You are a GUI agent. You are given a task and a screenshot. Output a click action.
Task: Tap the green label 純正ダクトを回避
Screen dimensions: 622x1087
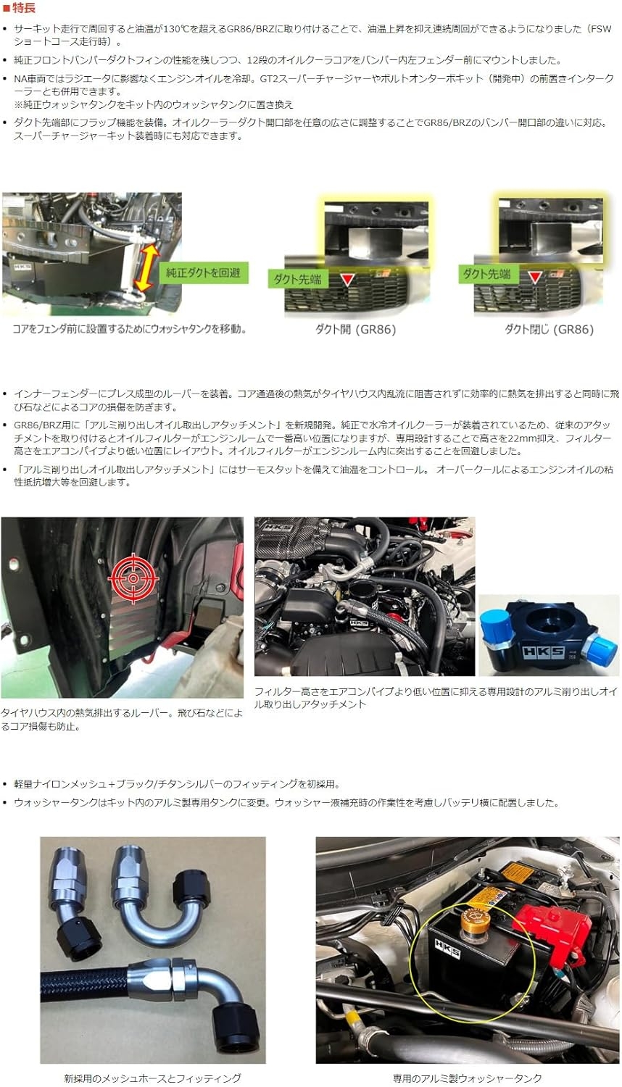tap(204, 272)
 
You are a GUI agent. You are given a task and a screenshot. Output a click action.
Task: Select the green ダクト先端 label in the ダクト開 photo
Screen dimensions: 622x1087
tap(297, 279)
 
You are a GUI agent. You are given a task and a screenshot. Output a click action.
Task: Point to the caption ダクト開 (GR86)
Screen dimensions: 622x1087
tap(355, 330)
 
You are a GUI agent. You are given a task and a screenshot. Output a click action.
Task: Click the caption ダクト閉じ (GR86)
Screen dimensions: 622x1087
tap(549, 330)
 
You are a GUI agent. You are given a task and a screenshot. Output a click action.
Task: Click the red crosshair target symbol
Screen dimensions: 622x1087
tap(133, 579)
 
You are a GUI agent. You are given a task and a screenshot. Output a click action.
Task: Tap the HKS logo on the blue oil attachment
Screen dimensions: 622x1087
tap(543, 651)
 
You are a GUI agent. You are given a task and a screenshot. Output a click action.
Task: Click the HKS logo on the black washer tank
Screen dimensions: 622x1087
tap(447, 948)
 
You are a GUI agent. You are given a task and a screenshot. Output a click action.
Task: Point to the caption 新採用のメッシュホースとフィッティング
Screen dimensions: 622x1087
tap(152, 1078)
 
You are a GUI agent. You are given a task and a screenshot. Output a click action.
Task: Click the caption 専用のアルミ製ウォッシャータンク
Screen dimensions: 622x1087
tap(467, 1078)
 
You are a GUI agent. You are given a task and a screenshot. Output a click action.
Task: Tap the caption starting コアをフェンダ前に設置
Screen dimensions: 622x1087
tap(130, 329)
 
